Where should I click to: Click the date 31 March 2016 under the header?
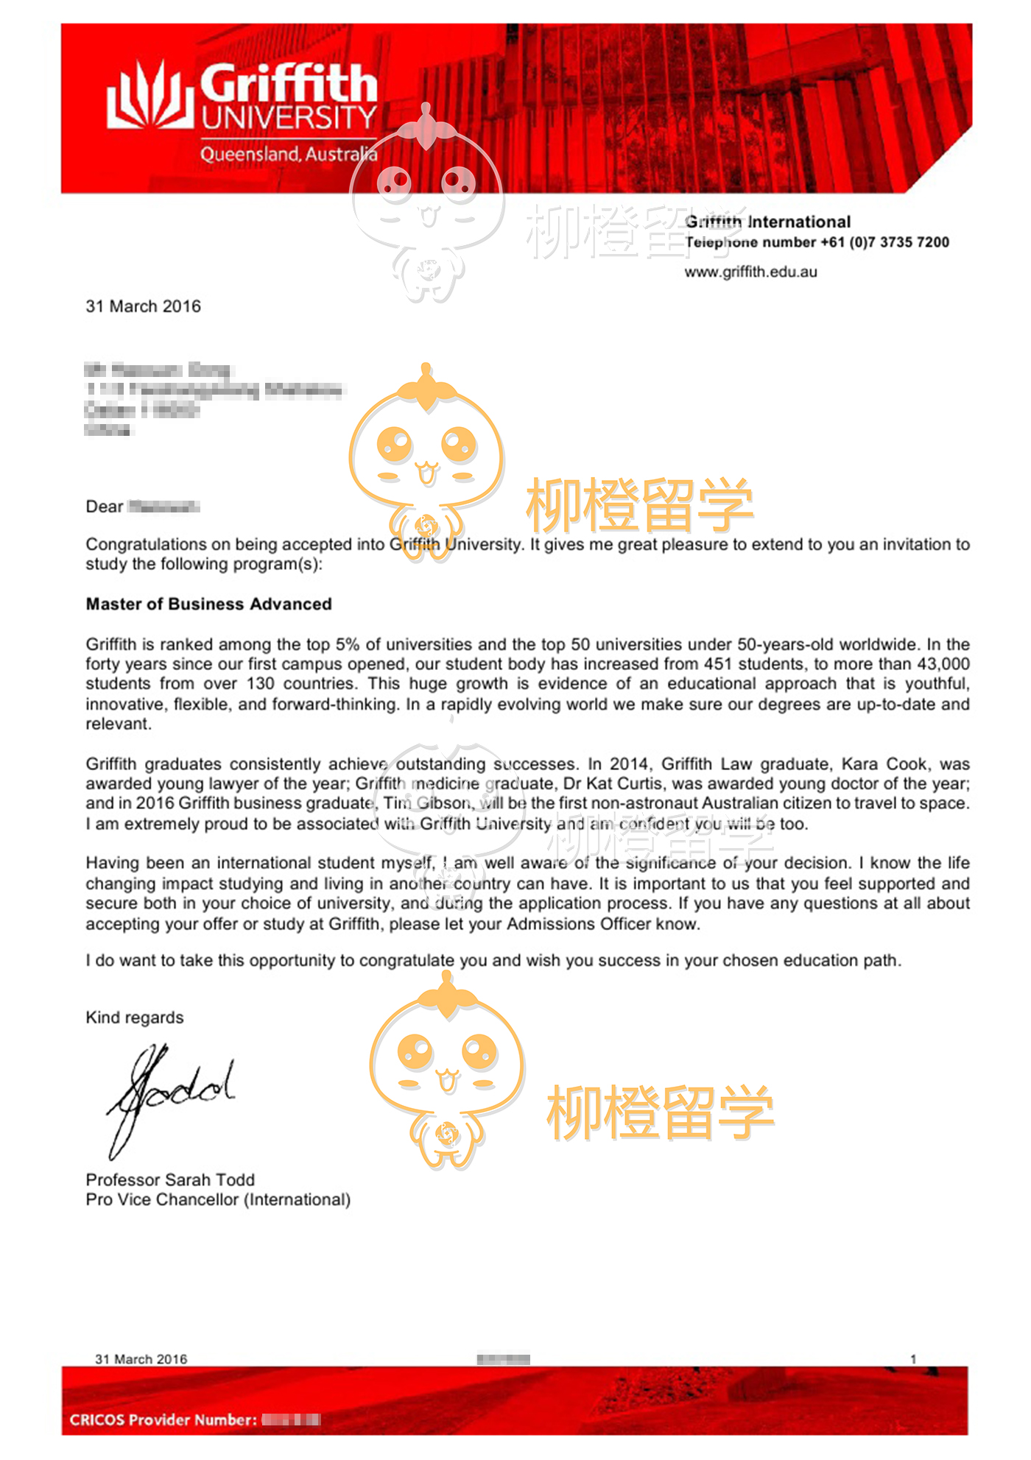click(x=143, y=306)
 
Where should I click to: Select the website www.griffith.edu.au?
click(x=750, y=272)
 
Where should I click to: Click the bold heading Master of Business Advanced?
click(x=208, y=604)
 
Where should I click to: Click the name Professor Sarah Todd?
click(x=170, y=1179)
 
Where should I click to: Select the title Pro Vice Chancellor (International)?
click(x=218, y=1199)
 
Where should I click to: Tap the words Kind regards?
click(x=135, y=1018)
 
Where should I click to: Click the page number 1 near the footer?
click(x=913, y=1359)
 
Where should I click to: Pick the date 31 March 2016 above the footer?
click(x=141, y=1359)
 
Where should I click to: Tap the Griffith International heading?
click(x=768, y=222)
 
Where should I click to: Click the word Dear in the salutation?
click(x=104, y=507)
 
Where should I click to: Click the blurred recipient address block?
click(x=214, y=400)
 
